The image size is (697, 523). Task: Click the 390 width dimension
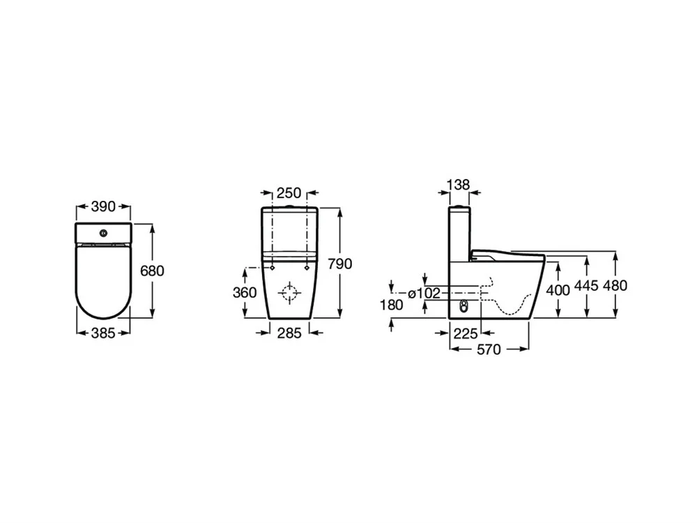coord(103,206)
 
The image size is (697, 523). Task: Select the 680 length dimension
coord(152,271)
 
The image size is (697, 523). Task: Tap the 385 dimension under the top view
coord(103,333)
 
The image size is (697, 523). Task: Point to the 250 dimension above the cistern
coord(289,193)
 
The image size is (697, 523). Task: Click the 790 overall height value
coord(340,264)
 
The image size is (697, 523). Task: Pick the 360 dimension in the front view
coord(245,292)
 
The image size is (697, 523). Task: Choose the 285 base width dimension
coord(289,333)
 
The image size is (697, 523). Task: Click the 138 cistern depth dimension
coord(459,184)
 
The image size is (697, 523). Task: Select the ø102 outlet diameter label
coord(424,293)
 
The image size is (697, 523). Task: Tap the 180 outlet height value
coord(392,305)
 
